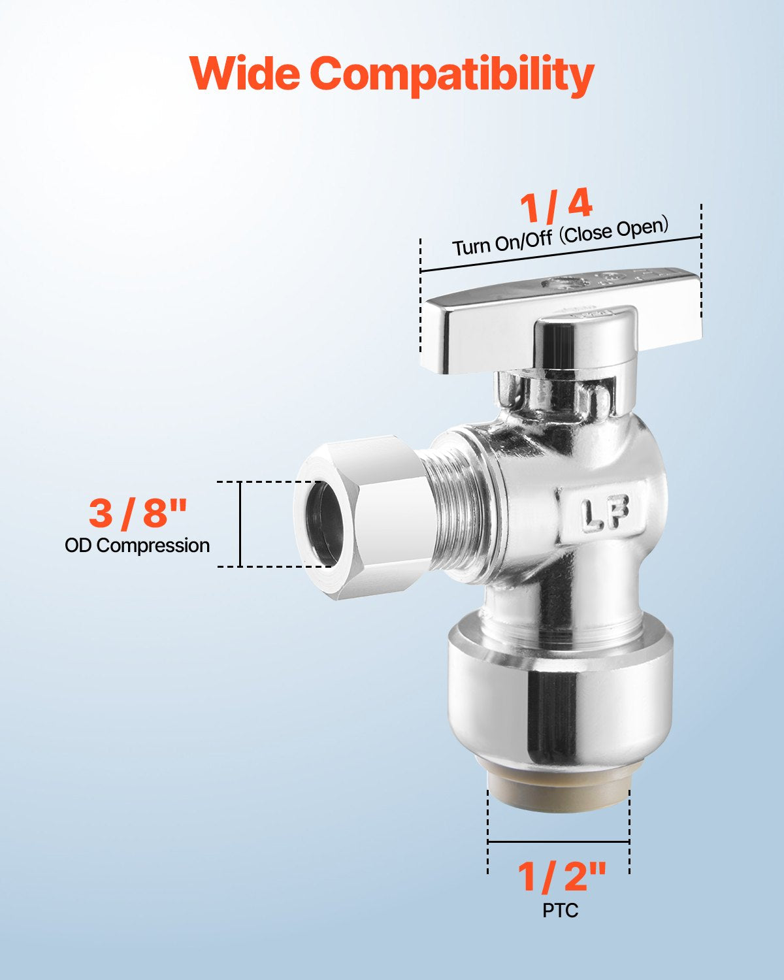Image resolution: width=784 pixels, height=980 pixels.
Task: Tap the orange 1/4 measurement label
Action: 556,205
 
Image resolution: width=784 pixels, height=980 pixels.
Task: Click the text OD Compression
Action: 137,546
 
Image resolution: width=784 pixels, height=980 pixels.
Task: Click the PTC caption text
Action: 560,910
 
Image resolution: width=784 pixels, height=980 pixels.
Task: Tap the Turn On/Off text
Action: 502,242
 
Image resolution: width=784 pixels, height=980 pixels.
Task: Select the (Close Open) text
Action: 614,230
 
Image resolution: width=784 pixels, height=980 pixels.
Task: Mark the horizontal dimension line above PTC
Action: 559,841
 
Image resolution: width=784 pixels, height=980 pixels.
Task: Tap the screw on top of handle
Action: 562,284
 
